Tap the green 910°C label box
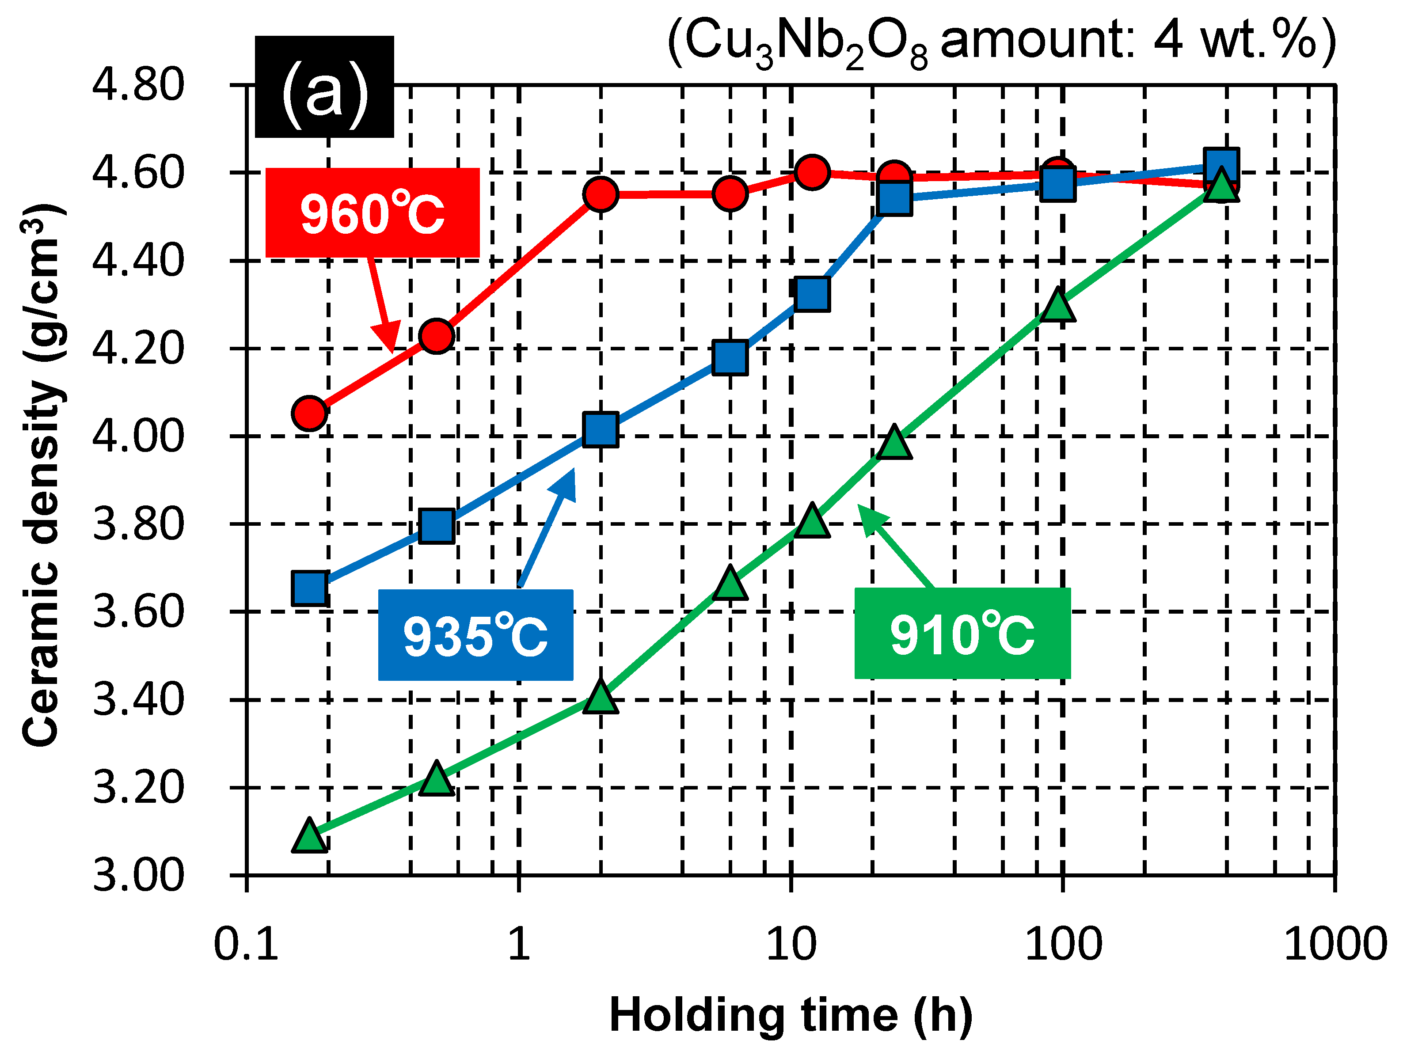(962, 634)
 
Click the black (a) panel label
(324, 87)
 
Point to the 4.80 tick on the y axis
(137, 84)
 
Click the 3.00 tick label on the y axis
(137, 876)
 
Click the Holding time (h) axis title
(790, 1014)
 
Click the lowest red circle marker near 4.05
(309, 414)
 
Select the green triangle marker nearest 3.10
(309, 835)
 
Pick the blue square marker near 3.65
(309, 588)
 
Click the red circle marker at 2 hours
(600, 194)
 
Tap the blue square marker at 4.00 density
(600, 429)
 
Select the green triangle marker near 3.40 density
(600, 698)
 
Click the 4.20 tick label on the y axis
(137, 348)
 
